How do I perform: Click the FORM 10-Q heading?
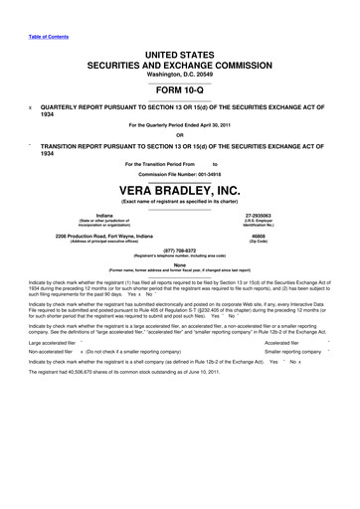(x=180, y=87)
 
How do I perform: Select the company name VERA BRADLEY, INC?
(x=180, y=190)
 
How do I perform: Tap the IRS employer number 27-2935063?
(x=286, y=215)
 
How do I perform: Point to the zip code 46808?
(x=286, y=235)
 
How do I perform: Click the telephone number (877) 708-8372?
(x=180, y=252)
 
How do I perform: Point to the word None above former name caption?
(x=180, y=265)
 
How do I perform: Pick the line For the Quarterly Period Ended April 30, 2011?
(x=180, y=124)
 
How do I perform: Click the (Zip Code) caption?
(x=286, y=242)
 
